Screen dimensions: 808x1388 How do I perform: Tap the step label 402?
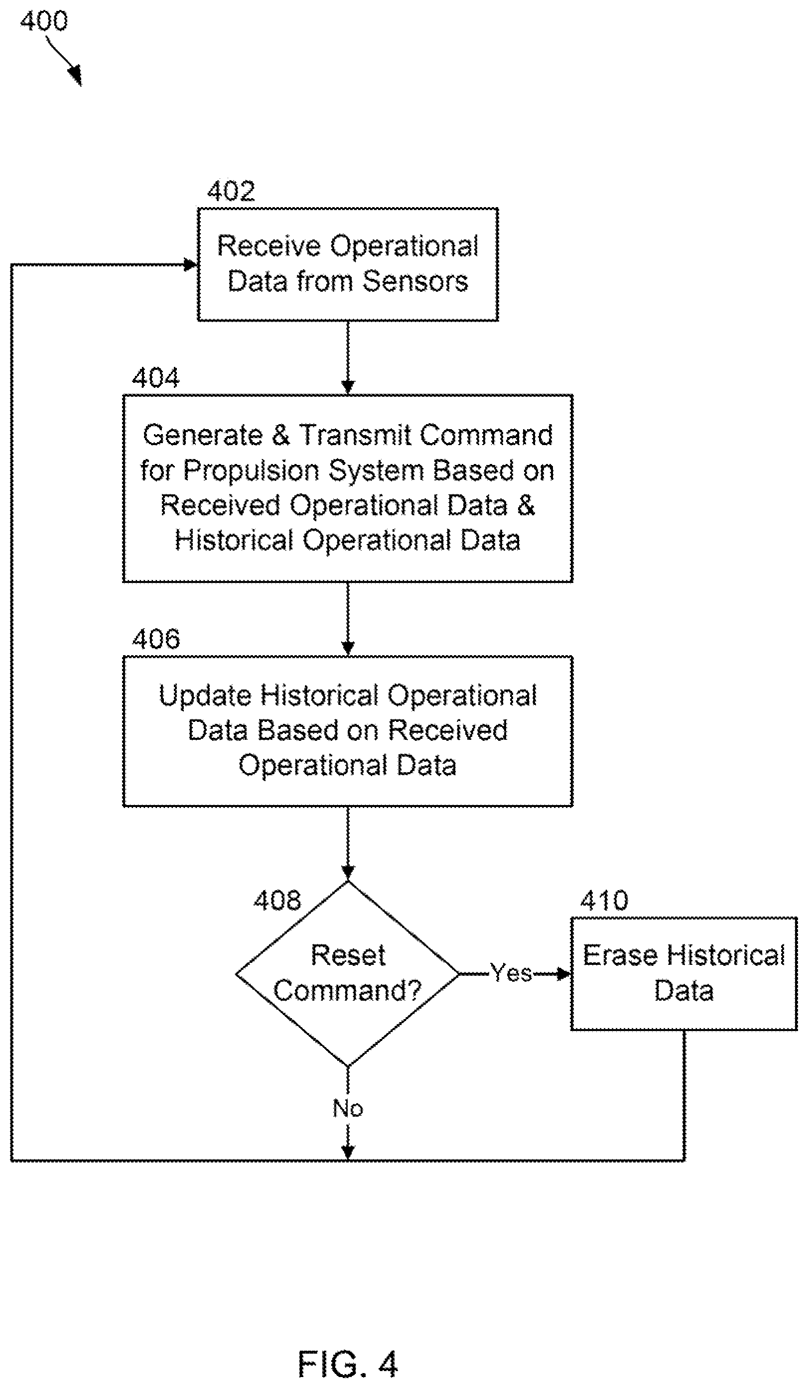pyautogui.click(x=231, y=191)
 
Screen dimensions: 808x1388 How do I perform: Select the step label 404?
pyautogui.click(x=155, y=378)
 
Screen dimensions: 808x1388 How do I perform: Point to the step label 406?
pyautogui.click(x=155, y=639)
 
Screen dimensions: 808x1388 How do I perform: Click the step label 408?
pyautogui.click(x=277, y=901)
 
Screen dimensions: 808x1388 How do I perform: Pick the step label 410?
pyautogui.click(x=604, y=901)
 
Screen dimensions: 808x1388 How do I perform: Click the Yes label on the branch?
pyautogui.click(x=511, y=973)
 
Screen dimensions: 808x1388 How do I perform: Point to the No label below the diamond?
pyautogui.click(x=348, y=1108)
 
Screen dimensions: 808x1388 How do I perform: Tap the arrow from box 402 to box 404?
pyautogui.click(x=348, y=357)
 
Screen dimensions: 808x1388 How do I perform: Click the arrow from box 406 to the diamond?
pyautogui.click(x=348, y=844)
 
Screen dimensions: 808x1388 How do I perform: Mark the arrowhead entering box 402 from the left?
pyautogui.click(x=191, y=265)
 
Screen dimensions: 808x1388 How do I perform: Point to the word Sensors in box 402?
pyautogui.click(x=415, y=281)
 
